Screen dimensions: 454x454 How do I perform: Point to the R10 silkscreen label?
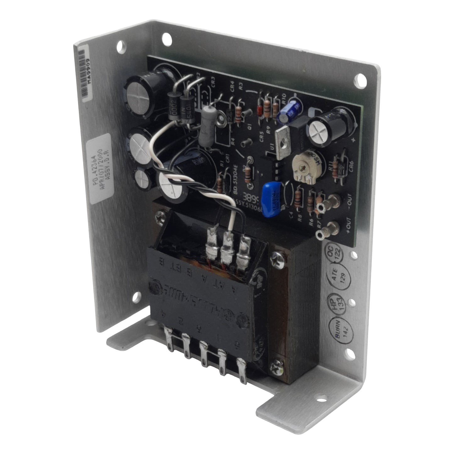[x=285, y=101]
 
